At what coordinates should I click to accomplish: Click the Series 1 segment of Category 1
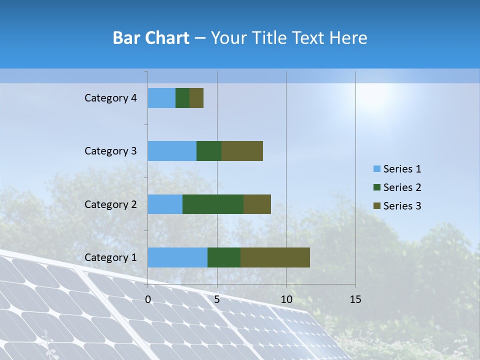(177, 257)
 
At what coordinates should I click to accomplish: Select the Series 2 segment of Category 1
(224, 257)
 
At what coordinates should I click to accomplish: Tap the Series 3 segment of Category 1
(275, 257)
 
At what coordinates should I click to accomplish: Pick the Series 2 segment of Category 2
(213, 204)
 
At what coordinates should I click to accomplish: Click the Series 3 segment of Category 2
(257, 204)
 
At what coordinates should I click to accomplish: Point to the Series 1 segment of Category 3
(172, 151)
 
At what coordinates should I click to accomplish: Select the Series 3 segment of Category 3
(242, 151)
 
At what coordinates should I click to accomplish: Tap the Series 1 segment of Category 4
(161, 98)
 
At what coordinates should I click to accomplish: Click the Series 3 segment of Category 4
(196, 98)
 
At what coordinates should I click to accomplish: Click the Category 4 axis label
(110, 98)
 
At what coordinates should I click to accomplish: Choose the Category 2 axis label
(110, 204)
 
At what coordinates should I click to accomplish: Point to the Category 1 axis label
(110, 257)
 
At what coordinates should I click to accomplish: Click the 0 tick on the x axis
(148, 299)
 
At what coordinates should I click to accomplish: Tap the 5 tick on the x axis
(217, 299)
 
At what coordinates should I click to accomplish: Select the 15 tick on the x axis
(355, 299)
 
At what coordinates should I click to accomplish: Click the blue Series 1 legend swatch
(376, 169)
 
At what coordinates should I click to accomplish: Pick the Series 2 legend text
(402, 187)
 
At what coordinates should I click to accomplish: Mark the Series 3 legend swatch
(376, 206)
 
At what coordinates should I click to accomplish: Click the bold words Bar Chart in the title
(151, 38)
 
